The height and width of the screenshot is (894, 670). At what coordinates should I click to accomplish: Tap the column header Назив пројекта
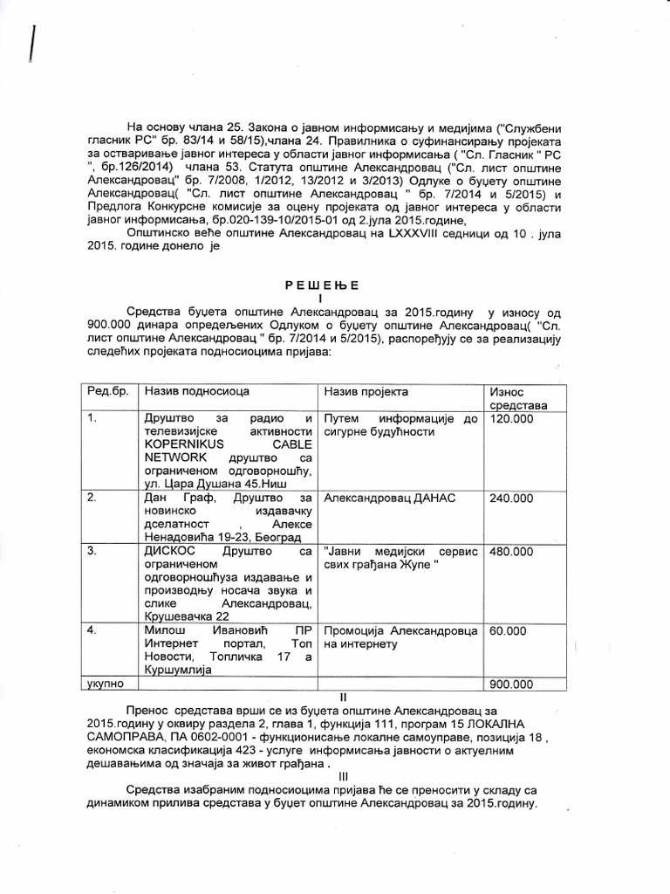coord(366,392)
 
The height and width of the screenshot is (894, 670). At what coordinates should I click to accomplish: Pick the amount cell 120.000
coord(515,420)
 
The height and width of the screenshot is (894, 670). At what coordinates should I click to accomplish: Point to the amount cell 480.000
coord(515,552)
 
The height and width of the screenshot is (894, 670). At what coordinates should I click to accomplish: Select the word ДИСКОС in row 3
coord(174,553)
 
